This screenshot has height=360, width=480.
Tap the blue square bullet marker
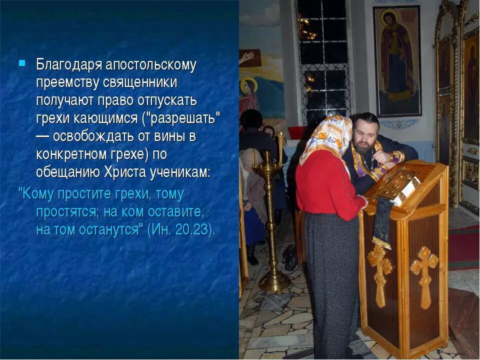click(22, 63)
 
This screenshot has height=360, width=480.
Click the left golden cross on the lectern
click(380, 272)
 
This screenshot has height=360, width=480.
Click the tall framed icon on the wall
click(397, 60)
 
